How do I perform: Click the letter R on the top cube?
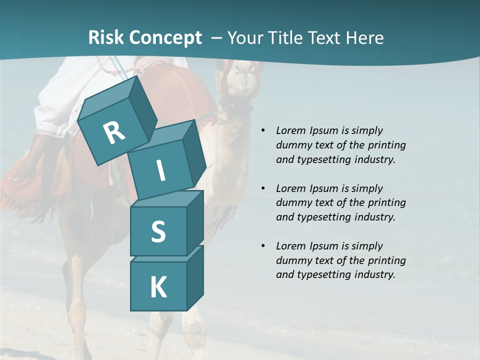tap(114, 132)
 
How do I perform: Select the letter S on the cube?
tap(158, 231)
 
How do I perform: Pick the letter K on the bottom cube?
tap(158, 287)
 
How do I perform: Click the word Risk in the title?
tap(106, 37)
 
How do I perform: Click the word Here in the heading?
tap(365, 37)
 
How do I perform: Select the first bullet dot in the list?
tap(263, 131)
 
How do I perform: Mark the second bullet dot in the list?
tap(263, 189)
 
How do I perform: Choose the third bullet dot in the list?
tap(263, 246)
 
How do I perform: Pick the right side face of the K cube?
tap(195, 277)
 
